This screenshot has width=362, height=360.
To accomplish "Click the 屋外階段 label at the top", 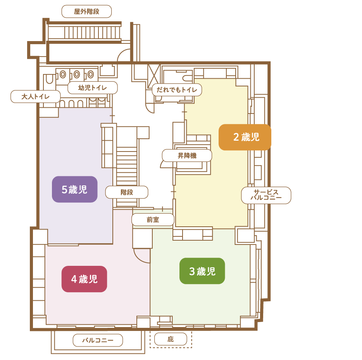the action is (x=86, y=11).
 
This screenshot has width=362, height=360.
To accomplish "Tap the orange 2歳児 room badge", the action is (x=245, y=137).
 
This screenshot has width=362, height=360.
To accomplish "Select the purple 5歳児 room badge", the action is (x=74, y=189).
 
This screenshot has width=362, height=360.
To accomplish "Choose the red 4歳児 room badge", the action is (x=84, y=279).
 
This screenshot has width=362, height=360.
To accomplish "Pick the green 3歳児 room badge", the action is (x=202, y=271).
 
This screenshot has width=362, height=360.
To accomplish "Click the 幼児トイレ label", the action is (x=93, y=88).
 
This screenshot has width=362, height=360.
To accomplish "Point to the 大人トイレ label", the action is (x=36, y=96).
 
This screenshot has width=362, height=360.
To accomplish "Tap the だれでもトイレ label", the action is (x=177, y=90).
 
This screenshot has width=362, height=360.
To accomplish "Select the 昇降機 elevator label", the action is (x=187, y=155).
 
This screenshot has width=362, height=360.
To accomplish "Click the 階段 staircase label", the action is (x=127, y=192).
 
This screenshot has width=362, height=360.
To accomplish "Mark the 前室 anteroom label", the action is (x=153, y=219).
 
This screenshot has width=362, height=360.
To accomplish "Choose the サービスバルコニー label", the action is (x=266, y=195).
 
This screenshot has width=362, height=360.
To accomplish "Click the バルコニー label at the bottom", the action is (x=98, y=340).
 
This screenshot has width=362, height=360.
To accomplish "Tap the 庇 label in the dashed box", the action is (x=171, y=339).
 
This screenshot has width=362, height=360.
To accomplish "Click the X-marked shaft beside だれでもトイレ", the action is (x=154, y=75).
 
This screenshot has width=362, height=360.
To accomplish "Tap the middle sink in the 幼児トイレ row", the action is (x=77, y=74).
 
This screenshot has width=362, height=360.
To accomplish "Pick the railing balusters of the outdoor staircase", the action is (x=92, y=33).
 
